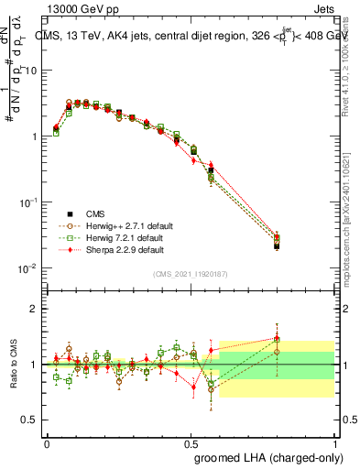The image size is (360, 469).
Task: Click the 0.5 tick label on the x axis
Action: point(191,442)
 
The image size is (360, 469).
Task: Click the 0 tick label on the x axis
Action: point(48,442)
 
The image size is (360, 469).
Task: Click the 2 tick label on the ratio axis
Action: point(33,309)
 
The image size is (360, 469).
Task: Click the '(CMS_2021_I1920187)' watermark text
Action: point(191,275)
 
